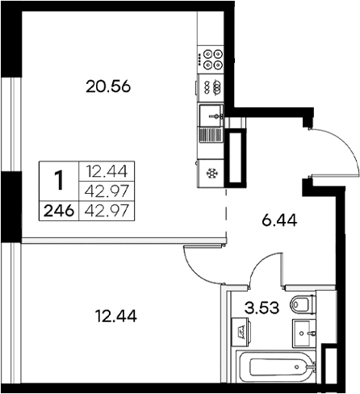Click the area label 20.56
pos(108,86)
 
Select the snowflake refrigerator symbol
pos(212,173)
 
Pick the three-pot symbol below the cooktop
pos(212,86)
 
